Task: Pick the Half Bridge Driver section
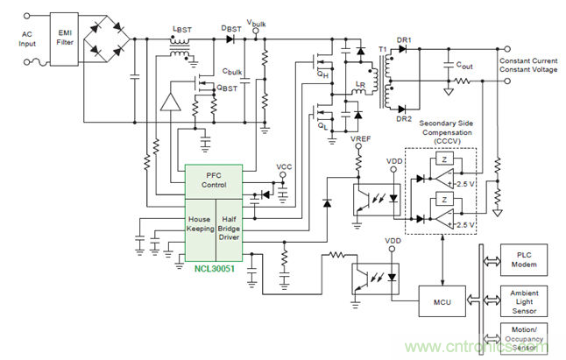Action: pos(230,225)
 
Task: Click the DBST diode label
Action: pos(232,29)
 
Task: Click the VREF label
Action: pos(360,138)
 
